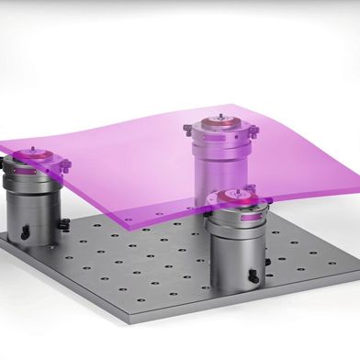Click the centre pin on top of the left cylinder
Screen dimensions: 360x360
coord(34,150)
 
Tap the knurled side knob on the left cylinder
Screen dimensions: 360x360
coord(65,165)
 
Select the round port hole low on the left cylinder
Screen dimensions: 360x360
coord(25,233)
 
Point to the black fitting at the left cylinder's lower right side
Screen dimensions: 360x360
coord(63,224)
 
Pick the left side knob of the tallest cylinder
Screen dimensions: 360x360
coord(187,129)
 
